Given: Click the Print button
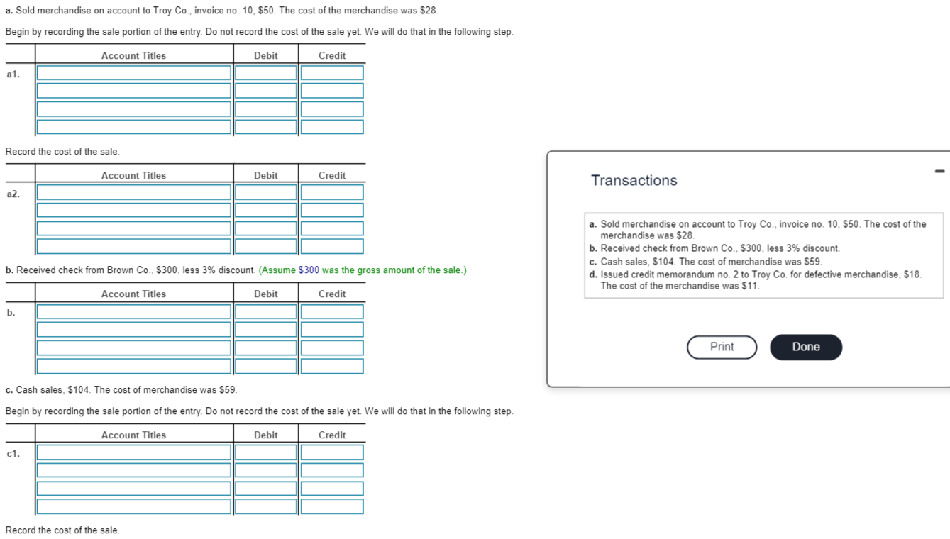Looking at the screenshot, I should pyautogui.click(x=722, y=347).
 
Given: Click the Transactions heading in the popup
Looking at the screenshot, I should pyautogui.click(x=634, y=181).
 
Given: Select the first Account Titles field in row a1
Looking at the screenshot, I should pyautogui.click(x=134, y=73).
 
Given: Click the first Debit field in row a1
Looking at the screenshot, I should pyautogui.click(x=266, y=73).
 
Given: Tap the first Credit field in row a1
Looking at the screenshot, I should pyautogui.click(x=332, y=73).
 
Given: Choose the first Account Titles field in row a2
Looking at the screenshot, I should pyautogui.click(x=134, y=193).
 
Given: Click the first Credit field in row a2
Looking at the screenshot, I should pyautogui.click(x=332, y=193).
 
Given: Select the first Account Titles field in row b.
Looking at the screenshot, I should pyautogui.click(x=134, y=312).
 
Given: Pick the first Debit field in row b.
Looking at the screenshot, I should pyautogui.click(x=266, y=312).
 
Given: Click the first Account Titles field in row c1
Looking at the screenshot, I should pyautogui.click(x=134, y=452).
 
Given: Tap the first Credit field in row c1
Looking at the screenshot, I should pyautogui.click(x=332, y=452).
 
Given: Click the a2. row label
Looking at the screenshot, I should pyautogui.click(x=13, y=194).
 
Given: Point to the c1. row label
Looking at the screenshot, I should pyautogui.click(x=13, y=453).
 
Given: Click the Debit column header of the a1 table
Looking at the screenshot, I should pyautogui.click(x=266, y=56).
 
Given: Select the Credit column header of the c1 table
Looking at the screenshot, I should pyautogui.click(x=332, y=435).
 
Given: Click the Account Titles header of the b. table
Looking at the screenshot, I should pyautogui.click(x=133, y=294).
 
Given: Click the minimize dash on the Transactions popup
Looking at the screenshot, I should pyautogui.click(x=939, y=170).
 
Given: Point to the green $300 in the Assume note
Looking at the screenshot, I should pyautogui.click(x=309, y=270).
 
